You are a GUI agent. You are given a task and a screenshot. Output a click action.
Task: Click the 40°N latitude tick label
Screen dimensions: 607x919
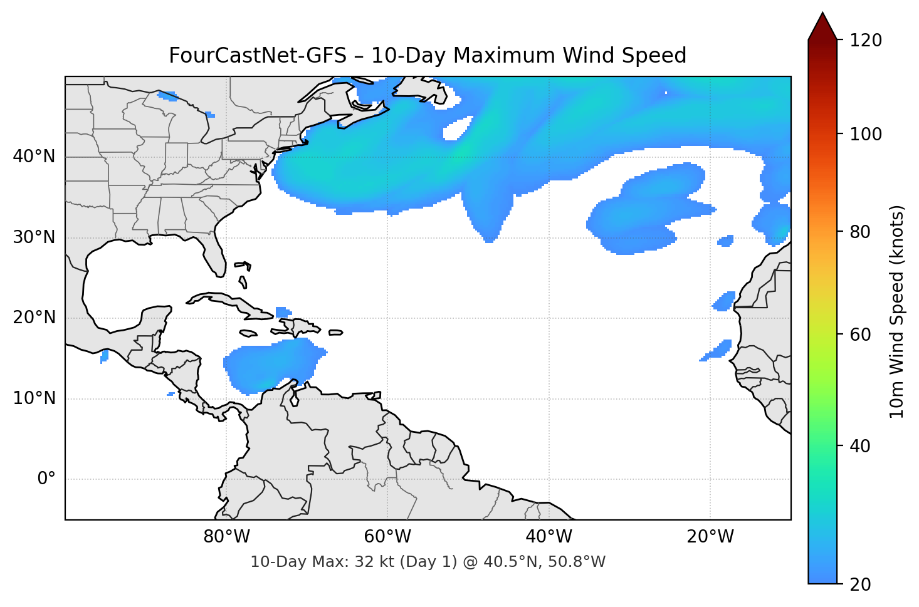[34, 157]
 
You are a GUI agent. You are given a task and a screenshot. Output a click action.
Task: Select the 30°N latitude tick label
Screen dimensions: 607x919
[34, 237]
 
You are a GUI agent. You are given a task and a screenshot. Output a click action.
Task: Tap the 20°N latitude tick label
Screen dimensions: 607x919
[34, 318]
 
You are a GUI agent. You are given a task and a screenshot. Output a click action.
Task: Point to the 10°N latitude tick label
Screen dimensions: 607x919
[34, 398]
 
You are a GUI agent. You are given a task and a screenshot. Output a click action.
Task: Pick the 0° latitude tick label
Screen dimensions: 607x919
[46, 479]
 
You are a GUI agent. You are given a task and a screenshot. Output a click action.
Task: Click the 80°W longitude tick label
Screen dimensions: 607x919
[226, 537]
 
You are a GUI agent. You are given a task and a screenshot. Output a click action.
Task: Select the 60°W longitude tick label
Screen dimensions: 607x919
[387, 537]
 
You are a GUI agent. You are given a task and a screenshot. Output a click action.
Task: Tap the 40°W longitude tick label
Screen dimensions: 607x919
[549, 537]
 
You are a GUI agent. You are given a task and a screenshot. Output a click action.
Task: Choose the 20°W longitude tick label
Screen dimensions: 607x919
[710, 537]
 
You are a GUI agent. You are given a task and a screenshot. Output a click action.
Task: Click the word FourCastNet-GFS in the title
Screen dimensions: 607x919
[257, 56]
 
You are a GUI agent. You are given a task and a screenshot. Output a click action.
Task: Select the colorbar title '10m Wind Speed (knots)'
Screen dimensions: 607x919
[898, 311]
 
